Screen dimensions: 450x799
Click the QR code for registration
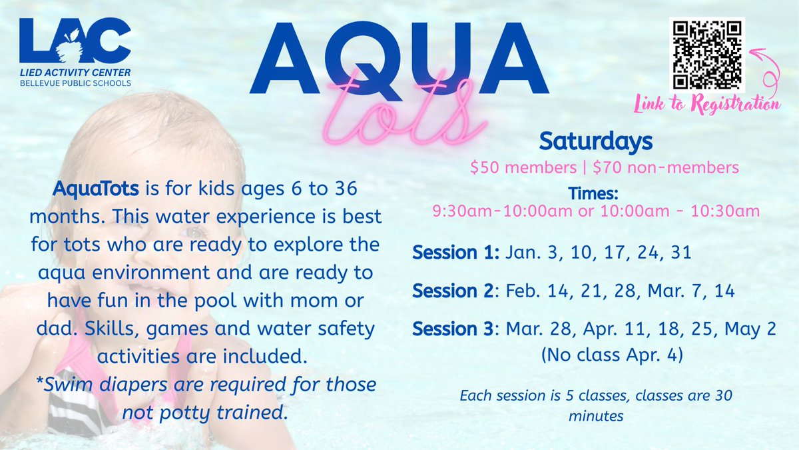(706, 56)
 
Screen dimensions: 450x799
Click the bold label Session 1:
(457, 253)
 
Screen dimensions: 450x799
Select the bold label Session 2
(455, 291)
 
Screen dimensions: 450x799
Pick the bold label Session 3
(455, 330)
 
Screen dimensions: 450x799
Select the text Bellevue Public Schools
(75, 83)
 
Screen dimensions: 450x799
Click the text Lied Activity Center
(75, 72)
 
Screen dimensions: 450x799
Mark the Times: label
(594, 194)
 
